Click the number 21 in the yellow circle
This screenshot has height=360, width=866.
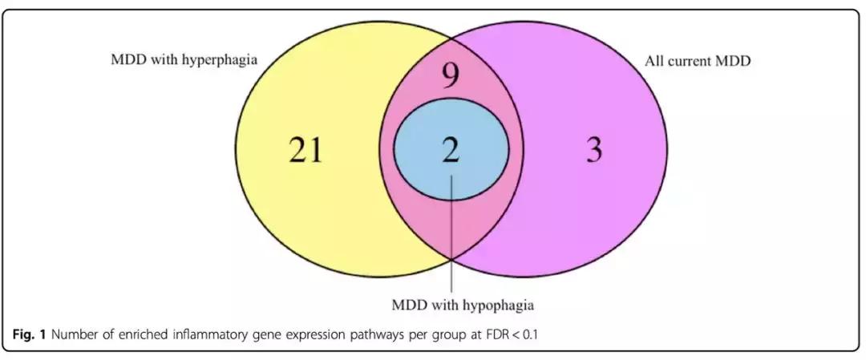pos(306,150)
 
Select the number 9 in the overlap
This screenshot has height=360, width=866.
pos(451,78)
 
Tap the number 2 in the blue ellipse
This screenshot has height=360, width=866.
pos(451,149)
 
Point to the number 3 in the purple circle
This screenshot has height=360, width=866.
pos(594,150)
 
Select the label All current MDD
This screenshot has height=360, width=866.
pos(698,60)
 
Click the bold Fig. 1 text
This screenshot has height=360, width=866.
pos(24,334)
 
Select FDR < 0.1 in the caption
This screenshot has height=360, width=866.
pos(511,334)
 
